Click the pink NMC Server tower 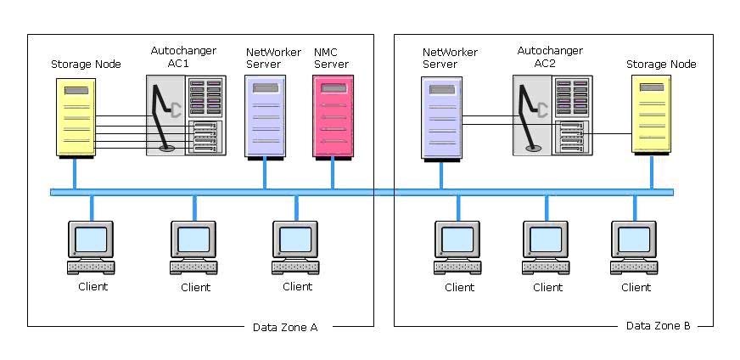(x=333, y=117)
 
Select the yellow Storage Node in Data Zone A (x=76, y=118)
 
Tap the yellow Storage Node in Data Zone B (x=651, y=115)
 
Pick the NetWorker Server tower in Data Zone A (x=265, y=117)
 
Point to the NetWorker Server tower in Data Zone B (x=441, y=120)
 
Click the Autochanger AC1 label (x=183, y=57)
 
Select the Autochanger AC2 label (x=550, y=57)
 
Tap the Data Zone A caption (x=285, y=328)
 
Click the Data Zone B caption (x=658, y=325)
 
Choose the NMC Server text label (x=331, y=58)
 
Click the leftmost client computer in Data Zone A (x=91, y=248)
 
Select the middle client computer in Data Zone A (x=193, y=248)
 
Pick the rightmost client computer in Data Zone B (x=634, y=248)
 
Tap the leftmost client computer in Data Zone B (x=457, y=248)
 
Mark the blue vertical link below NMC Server (x=333, y=174)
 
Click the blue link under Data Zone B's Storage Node (x=652, y=172)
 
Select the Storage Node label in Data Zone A (x=86, y=65)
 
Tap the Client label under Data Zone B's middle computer (x=548, y=287)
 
